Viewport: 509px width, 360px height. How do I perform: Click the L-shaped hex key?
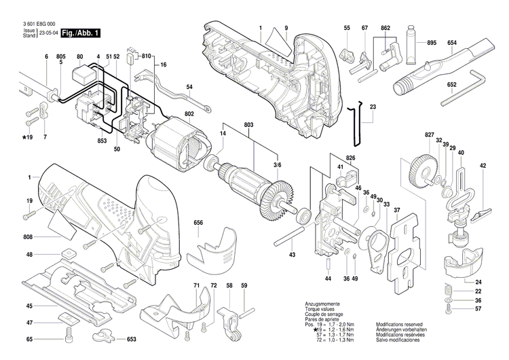click(x=468, y=88)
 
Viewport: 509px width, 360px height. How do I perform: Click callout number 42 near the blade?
click(x=483, y=166)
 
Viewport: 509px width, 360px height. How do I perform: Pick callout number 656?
click(x=198, y=222)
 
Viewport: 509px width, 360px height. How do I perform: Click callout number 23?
click(x=373, y=107)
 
